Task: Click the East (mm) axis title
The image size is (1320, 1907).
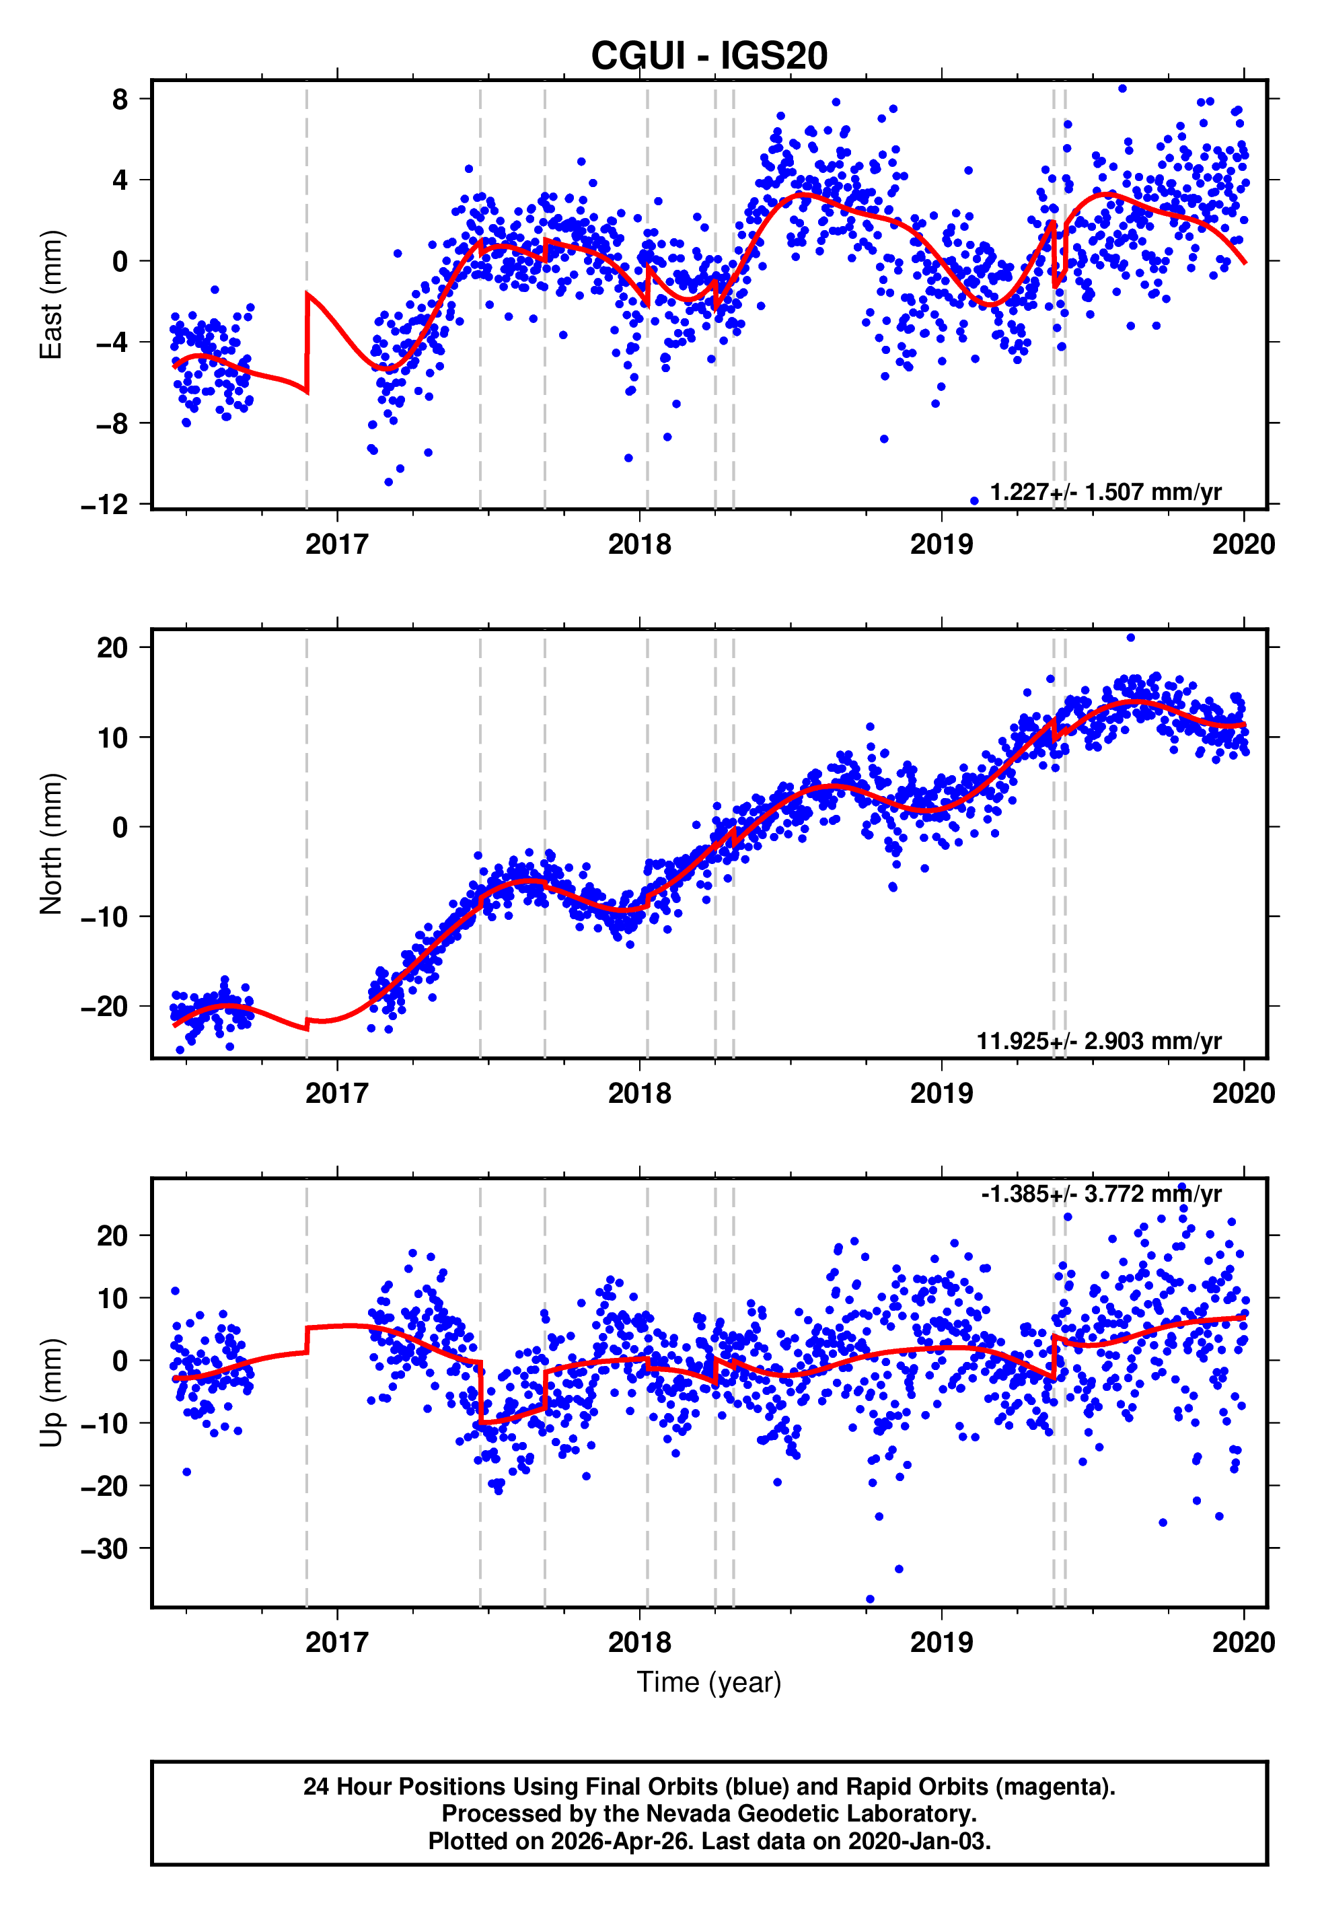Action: point(51,295)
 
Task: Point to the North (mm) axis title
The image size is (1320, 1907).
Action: point(51,844)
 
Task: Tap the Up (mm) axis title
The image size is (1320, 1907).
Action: point(51,1393)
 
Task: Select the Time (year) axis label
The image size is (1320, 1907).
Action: point(709,1682)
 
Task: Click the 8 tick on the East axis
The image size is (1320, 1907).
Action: point(120,99)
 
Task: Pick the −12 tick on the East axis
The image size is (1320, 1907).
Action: point(105,505)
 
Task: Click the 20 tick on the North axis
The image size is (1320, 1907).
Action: point(112,647)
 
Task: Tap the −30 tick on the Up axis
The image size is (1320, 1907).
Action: point(105,1548)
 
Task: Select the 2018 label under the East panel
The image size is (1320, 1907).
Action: point(639,544)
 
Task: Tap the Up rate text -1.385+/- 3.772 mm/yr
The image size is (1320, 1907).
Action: point(1101,1194)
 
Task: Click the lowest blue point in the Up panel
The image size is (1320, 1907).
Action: point(869,1599)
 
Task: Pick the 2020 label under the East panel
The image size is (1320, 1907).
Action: point(1243,544)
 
